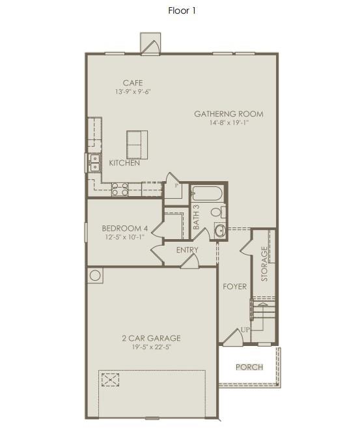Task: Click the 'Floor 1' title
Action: click(x=182, y=10)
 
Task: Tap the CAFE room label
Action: click(x=133, y=83)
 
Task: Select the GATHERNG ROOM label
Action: click(x=228, y=114)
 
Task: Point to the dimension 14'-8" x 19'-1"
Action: click(x=228, y=123)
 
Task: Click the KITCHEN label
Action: click(x=124, y=163)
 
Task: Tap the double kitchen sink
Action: click(x=94, y=162)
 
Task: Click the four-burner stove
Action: click(x=120, y=189)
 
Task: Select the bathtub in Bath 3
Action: click(x=208, y=194)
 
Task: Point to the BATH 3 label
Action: click(x=196, y=217)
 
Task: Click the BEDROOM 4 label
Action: click(x=125, y=228)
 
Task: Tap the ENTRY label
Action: click(x=187, y=250)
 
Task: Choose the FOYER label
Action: click(x=234, y=287)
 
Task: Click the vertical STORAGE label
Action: click(x=264, y=264)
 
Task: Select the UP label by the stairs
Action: click(x=245, y=330)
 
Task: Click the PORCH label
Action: click(x=249, y=367)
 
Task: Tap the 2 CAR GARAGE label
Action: click(x=151, y=338)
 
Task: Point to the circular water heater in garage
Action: click(x=95, y=276)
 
